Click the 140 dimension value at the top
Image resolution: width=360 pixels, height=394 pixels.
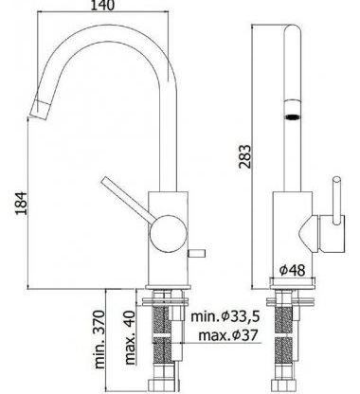(x=102, y=5)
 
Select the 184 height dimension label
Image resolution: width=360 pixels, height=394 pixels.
(x=22, y=203)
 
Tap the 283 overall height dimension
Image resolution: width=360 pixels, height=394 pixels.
(x=244, y=157)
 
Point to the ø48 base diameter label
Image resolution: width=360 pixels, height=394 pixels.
(x=293, y=270)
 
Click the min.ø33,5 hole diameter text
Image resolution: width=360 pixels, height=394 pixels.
(x=225, y=315)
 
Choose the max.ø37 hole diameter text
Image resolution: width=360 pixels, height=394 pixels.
(x=228, y=335)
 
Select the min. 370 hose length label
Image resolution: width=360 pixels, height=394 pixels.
(x=99, y=339)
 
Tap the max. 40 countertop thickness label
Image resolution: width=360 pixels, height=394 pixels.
(x=130, y=337)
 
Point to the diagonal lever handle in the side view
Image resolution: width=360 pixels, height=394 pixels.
(x=129, y=200)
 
